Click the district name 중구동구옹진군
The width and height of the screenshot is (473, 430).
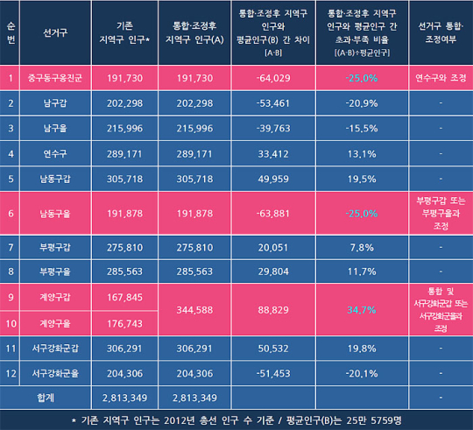59,78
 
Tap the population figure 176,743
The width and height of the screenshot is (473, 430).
124,322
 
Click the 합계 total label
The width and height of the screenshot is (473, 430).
59,397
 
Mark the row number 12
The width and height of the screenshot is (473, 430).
11,372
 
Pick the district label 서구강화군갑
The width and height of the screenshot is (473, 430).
59,348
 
